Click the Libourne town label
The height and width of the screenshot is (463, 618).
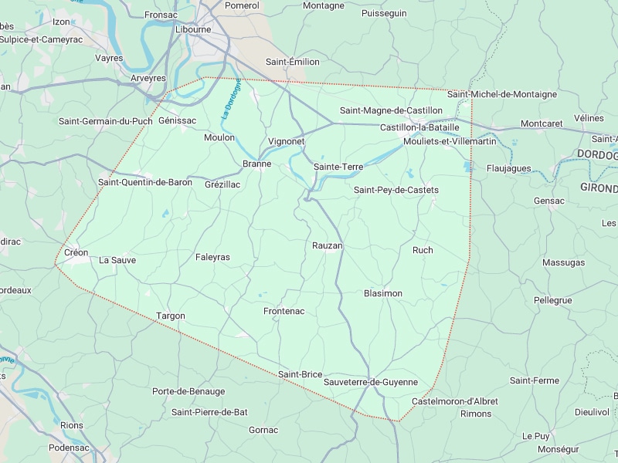tap(193, 29)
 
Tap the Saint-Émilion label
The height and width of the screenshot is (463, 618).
tap(293, 62)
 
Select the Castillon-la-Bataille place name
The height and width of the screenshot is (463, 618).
tap(419, 127)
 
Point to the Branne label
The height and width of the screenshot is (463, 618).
tap(256, 164)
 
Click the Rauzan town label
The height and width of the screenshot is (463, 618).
tap(327, 245)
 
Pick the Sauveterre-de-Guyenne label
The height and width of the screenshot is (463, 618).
tap(371, 382)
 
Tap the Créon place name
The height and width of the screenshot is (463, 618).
tap(76, 252)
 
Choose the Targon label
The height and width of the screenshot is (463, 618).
tap(171, 316)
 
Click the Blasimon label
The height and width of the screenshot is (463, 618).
tap(383, 293)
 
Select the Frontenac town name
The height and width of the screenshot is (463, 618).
tap(284, 311)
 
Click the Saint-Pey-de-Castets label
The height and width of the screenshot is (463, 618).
tap(396, 190)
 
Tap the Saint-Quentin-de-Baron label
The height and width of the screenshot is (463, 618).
tap(145, 182)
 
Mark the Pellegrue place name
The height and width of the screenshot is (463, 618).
tap(552, 300)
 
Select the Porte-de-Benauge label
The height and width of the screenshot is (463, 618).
tap(188, 391)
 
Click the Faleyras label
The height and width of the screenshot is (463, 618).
tap(212, 257)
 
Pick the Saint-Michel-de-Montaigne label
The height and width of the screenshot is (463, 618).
tap(502, 94)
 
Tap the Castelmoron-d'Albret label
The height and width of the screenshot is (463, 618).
tap(455, 401)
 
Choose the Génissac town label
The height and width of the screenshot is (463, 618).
tap(177, 120)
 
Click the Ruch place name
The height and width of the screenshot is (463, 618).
tap(423, 250)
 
